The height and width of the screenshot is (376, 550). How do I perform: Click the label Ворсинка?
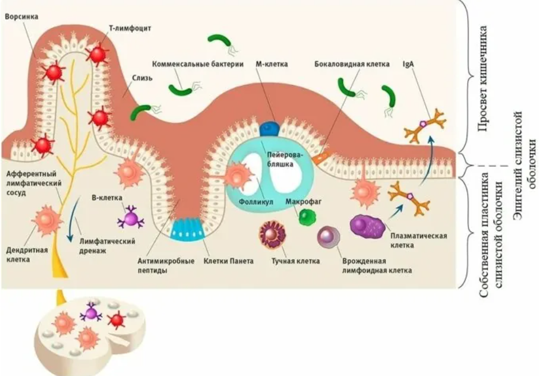(x=21, y=17)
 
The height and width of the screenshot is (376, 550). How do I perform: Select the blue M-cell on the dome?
(x=269, y=127)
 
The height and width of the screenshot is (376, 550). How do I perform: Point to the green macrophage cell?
(x=308, y=217)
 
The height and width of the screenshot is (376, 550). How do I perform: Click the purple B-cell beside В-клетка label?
(x=131, y=218)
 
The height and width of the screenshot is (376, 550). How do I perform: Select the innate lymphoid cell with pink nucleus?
(x=329, y=236)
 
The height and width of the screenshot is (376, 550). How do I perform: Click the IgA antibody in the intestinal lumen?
(x=425, y=126)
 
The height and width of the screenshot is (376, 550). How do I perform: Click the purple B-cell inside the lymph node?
(x=90, y=313)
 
